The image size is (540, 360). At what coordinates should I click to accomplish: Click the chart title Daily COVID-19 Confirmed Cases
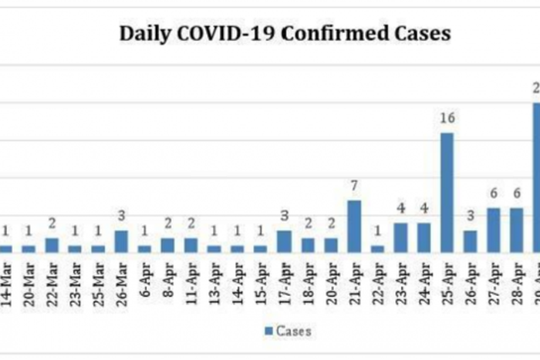click(x=285, y=35)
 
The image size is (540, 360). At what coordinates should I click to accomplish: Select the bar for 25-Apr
click(x=447, y=192)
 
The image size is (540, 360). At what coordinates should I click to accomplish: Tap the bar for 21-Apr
click(x=354, y=226)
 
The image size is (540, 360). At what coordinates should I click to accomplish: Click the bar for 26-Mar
click(x=121, y=241)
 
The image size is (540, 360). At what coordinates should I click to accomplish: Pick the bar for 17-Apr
click(x=284, y=241)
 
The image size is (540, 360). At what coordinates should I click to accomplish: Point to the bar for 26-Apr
click(x=470, y=241)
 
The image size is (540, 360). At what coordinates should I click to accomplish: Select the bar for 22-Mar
click(x=52, y=244)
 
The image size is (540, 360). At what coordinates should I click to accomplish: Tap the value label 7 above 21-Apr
click(x=354, y=186)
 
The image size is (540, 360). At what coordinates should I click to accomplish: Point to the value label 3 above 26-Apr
click(x=470, y=216)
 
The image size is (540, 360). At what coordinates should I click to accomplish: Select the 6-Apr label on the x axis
click(x=145, y=284)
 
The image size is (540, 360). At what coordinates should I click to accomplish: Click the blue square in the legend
click(x=268, y=331)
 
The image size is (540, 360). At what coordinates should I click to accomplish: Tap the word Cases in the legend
click(x=294, y=331)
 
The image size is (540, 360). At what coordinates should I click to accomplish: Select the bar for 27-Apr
click(x=493, y=230)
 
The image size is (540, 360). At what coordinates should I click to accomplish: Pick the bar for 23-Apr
click(x=400, y=237)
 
